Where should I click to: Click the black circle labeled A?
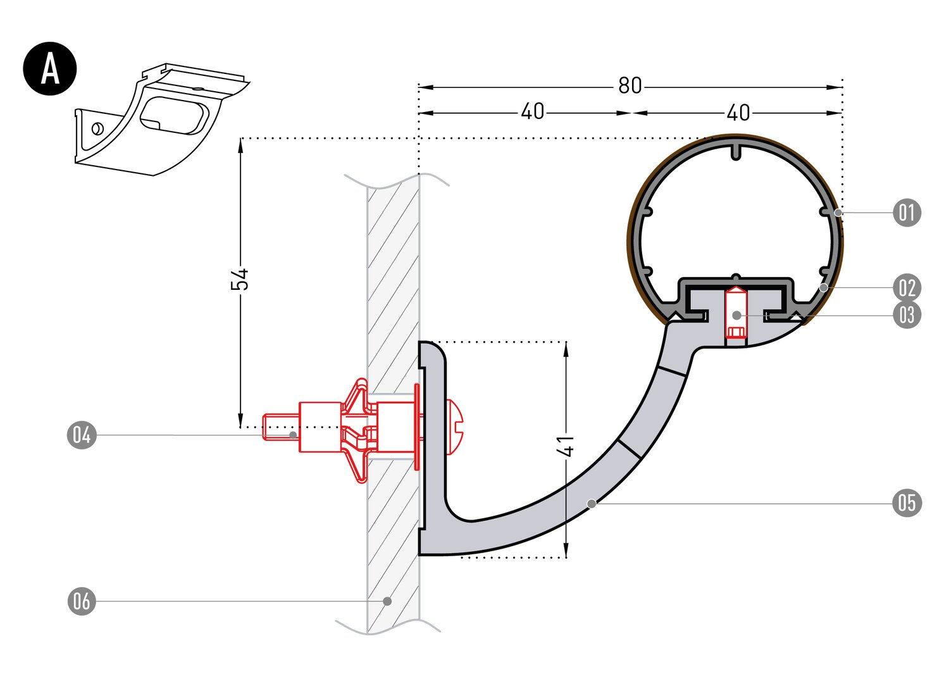[50, 69]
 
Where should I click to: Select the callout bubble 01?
[907, 213]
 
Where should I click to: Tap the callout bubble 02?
[907, 288]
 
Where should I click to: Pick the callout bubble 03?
[907, 314]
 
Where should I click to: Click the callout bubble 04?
[82, 435]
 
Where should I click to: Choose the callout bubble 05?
[907, 503]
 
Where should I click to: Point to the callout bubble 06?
[82, 601]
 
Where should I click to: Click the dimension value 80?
[630, 86]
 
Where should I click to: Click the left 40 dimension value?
[532, 112]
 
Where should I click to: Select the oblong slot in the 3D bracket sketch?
[173, 116]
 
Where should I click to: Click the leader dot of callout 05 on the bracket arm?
[591, 503]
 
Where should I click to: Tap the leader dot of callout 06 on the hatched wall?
[387, 601]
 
